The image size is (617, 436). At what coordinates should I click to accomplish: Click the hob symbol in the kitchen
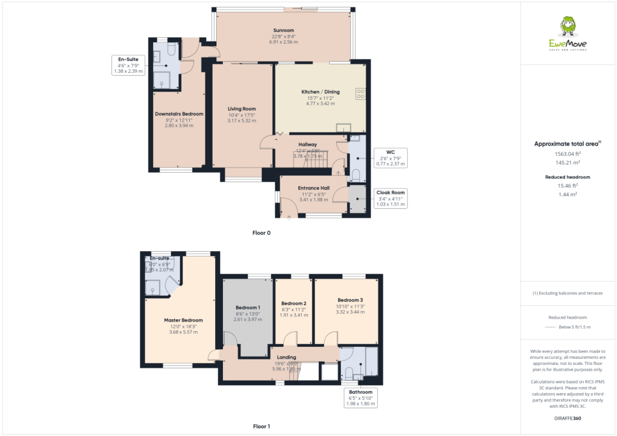pyautogui.click(x=360, y=93)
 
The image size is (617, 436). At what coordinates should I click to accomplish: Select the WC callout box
pyautogui.click(x=390, y=158)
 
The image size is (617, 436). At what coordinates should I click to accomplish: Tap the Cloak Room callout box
pyautogui.click(x=390, y=198)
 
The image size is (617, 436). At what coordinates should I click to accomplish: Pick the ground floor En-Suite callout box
pyautogui.click(x=128, y=64)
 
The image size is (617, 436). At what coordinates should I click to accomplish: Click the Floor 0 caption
pyautogui.click(x=262, y=232)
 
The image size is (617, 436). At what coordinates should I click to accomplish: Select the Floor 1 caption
pyautogui.click(x=262, y=426)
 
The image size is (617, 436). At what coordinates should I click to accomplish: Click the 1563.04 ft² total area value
pyautogui.click(x=568, y=154)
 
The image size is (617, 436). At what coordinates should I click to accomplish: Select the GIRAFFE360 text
pyautogui.click(x=568, y=418)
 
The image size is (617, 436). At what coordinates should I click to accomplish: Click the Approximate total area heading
pyautogui.click(x=568, y=144)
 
